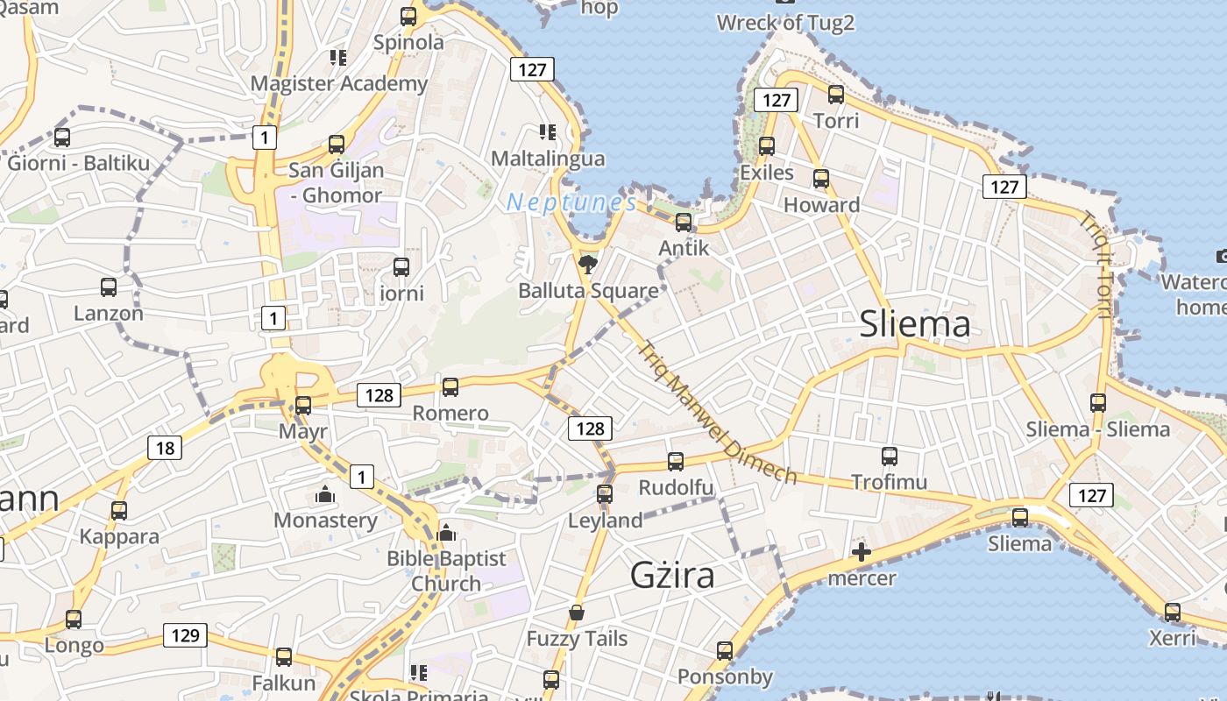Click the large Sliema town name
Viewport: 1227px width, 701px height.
915,324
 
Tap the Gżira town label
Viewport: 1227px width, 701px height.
672,575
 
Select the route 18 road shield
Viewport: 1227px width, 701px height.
165,449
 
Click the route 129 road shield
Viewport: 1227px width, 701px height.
185,635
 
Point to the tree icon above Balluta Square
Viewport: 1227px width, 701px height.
588,264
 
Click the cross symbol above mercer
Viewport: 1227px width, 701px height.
862,552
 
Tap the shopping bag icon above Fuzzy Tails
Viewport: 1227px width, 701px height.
577,612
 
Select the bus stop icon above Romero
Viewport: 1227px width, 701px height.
450,386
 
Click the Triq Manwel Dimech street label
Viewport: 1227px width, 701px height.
717,413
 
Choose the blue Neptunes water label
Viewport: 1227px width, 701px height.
571,202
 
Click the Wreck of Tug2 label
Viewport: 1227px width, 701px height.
785,23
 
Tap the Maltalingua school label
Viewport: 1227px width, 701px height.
548,159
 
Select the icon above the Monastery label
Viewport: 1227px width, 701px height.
325,495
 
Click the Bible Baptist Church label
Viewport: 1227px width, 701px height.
446,570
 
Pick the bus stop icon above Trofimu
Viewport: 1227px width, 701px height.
890,457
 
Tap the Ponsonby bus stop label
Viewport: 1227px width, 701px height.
725,676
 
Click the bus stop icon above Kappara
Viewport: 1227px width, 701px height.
119,510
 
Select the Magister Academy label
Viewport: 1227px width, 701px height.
339,83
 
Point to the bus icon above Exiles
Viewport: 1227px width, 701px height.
767,146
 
